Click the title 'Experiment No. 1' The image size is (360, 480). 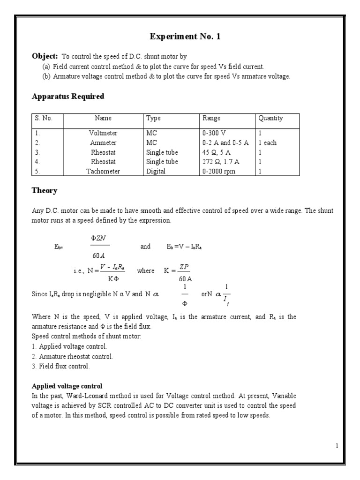click(185, 37)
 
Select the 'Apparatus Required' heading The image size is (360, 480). click(68, 97)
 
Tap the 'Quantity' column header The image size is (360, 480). click(270, 119)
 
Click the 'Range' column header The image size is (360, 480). click(211, 119)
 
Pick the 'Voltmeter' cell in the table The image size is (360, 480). click(103, 133)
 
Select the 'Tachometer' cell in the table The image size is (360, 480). click(103, 171)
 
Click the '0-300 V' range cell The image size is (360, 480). click(214, 133)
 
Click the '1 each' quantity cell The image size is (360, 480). click(267, 142)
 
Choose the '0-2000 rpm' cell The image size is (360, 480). click(219, 171)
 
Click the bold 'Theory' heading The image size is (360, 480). click(45, 191)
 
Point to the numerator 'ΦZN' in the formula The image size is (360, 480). click(100, 238)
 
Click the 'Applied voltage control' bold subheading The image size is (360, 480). click(67, 386)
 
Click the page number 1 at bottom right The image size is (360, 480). click(336, 446)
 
